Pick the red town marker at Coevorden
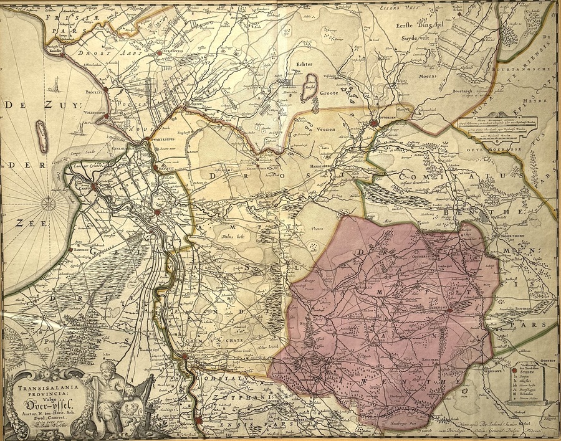coord(373,123)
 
